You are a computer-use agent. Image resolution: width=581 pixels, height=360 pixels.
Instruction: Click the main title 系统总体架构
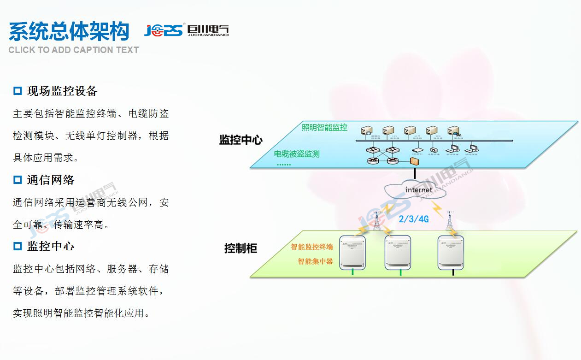[x=69, y=31]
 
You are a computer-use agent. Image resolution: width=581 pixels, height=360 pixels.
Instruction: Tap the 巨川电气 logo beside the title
[x=186, y=30]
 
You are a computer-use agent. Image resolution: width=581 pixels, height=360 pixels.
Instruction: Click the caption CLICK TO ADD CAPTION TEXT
[x=73, y=50]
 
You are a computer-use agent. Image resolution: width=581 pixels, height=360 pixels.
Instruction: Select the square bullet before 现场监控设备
[x=18, y=91]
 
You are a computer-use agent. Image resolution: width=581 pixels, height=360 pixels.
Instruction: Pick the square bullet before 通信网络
[x=18, y=180]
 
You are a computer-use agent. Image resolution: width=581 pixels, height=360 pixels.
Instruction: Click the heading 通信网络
[x=51, y=180]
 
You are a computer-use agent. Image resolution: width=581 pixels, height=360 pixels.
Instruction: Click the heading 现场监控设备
[x=62, y=91]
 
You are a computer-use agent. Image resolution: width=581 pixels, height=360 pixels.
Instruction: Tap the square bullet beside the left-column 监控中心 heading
[x=18, y=246]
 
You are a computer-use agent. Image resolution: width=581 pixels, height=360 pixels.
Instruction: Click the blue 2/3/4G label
[x=413, y=219]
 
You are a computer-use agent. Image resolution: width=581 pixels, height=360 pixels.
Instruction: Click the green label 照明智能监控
[x=324, y=127]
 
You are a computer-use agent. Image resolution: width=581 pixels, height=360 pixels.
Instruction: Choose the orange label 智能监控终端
[x=311, y=247]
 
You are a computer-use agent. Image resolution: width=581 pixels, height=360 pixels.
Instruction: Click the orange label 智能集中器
[x=315, y=261]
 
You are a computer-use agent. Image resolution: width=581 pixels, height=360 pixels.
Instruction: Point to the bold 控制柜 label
[x=241, y=248]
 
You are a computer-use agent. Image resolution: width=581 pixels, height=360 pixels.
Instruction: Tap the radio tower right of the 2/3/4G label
[x=449, y=220]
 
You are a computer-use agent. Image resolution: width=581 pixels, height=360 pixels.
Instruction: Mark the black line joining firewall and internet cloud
[x=415, y=173]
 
